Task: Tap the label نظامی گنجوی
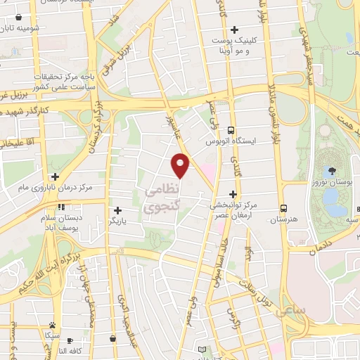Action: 162,199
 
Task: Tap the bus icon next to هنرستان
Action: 283,208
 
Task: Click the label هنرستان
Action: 284,220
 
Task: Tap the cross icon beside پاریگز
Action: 117,210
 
